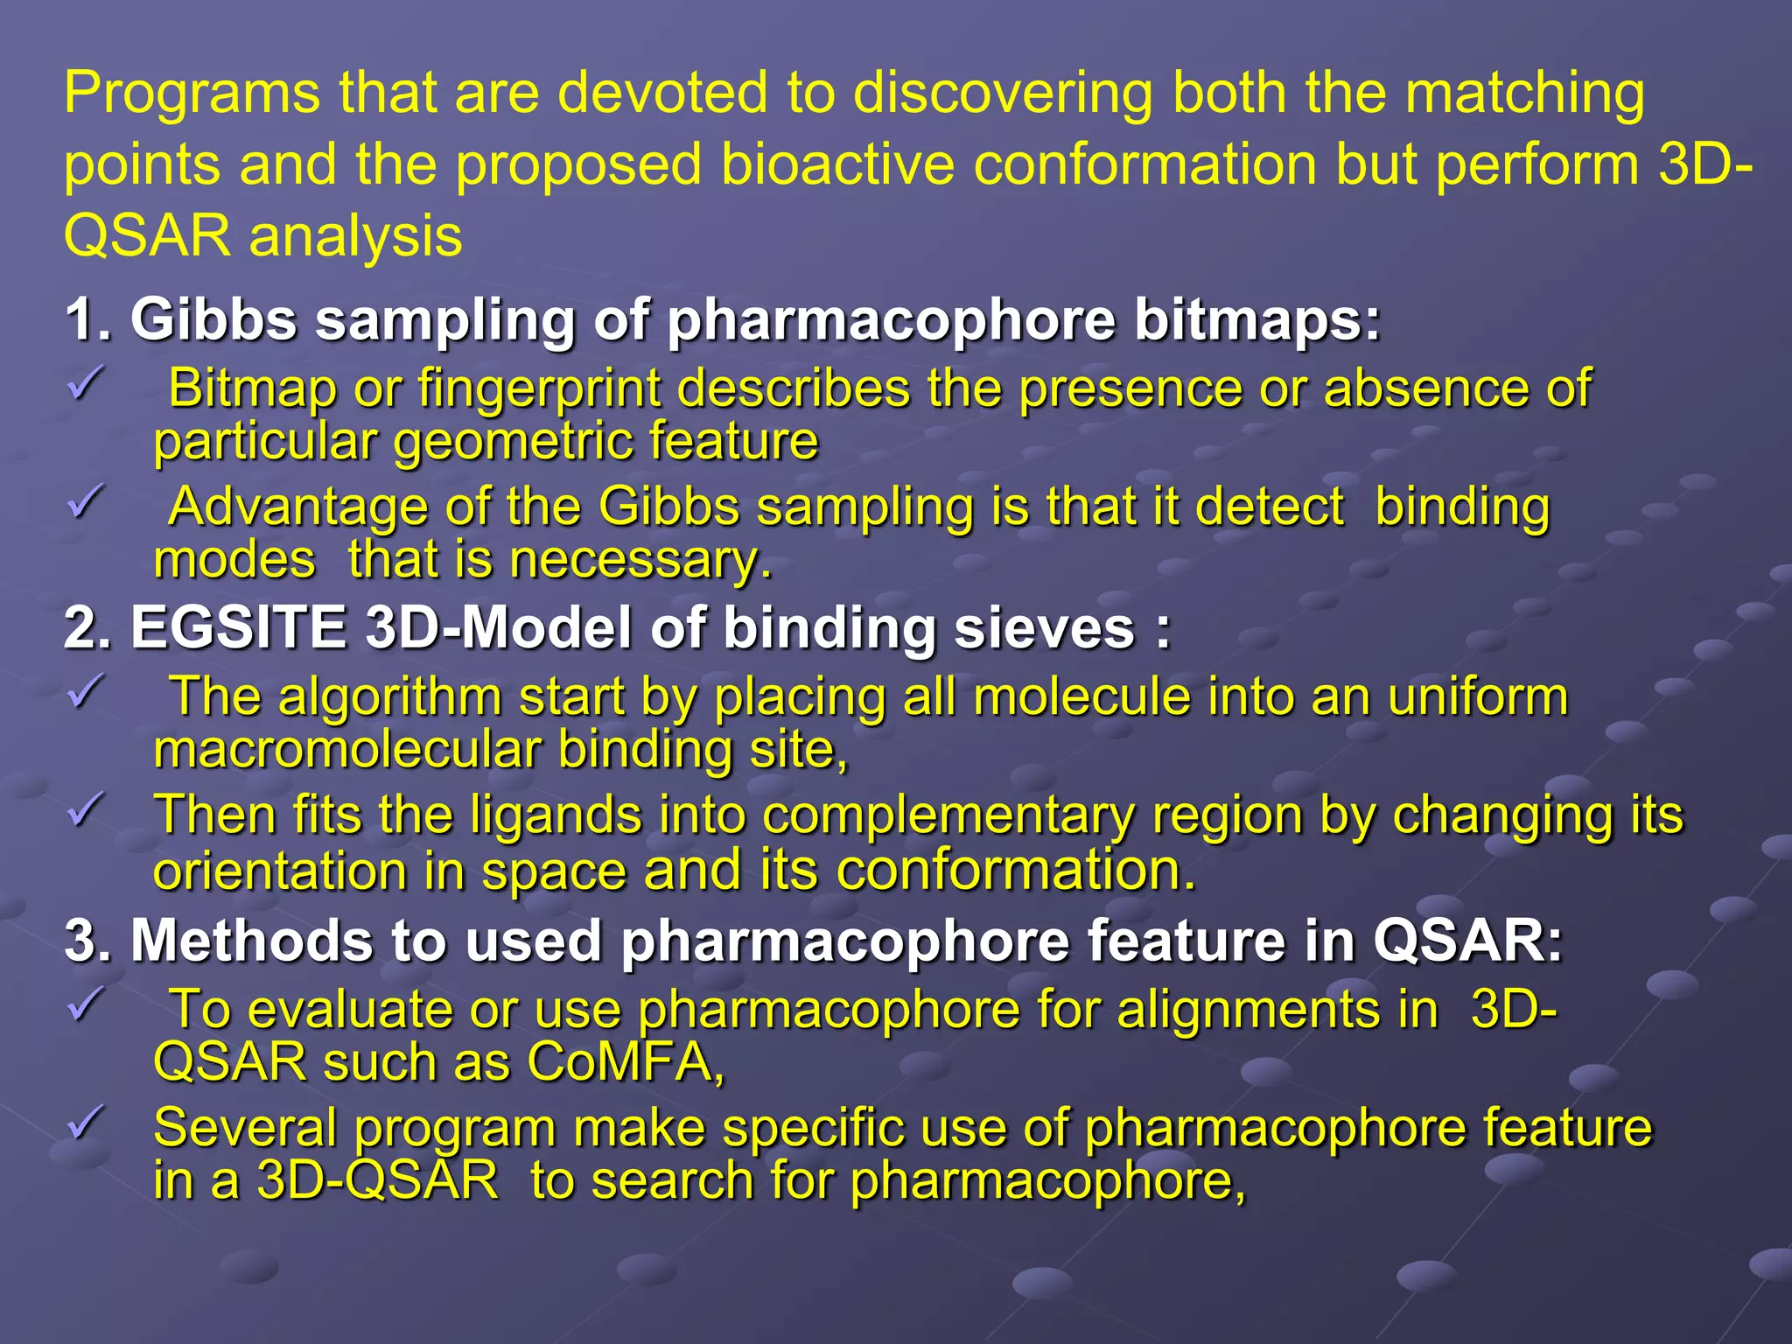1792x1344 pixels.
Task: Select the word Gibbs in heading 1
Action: (213, 320)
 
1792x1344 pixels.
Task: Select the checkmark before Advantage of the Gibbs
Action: (86, 502)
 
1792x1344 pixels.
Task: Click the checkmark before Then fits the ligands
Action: (86, 810)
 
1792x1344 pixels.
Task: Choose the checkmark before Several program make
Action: (86, 1123)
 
